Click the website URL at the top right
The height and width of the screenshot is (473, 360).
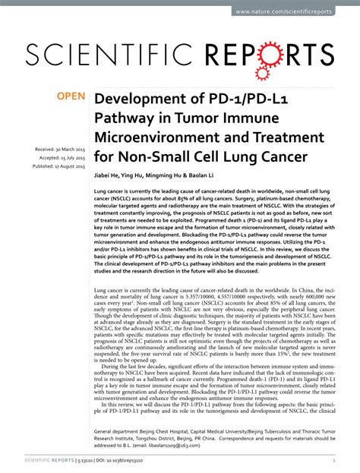pos(295,12)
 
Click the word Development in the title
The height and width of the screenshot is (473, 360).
pos(141,100)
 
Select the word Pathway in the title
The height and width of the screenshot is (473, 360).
pos(125,119)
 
